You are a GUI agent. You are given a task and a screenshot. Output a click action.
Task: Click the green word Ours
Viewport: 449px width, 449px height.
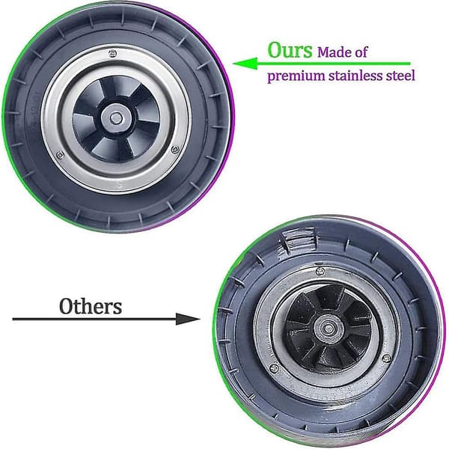pyautogui.click(x=290, y=50)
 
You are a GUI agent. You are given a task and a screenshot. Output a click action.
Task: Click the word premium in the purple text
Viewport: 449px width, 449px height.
pyautogui.click(x=296, y=76)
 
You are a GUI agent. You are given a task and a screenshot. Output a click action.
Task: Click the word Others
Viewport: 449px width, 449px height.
pyautogui.click(x=91, y=306)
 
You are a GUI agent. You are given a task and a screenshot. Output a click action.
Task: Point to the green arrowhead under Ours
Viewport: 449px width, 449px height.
pyautogui.click(x=245, y=64)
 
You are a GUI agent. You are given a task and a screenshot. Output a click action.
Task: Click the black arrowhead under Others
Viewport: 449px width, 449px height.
pyautogui.click(x=188, y=319)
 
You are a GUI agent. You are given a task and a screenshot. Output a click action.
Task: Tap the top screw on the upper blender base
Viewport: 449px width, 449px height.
pyautogui.click(x=112, y=53)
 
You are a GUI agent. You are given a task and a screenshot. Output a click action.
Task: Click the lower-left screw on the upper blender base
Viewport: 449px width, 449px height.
pyautogui.click(x=60, y=156)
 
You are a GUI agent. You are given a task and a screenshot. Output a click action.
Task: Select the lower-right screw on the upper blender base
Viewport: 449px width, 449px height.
pyautogui.click(x=175, y=150)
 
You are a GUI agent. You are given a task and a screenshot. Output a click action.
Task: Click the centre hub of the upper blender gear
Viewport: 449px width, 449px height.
pyautogui.click(x=116, y=118)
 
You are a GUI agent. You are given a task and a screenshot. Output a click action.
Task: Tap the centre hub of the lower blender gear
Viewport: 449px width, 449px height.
pyautogui.click(x=329, y=329)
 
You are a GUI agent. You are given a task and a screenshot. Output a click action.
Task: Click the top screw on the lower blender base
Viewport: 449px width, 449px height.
pyautogui.click(x=320, y=271)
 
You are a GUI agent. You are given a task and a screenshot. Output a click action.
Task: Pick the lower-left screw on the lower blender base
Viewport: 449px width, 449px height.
pyautogui.click(x=274, y=367)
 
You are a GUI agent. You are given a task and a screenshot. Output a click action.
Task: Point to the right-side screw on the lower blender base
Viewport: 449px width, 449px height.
pyautogui.click(x=387, y=358)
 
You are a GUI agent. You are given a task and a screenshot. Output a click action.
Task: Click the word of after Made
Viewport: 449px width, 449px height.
pyautogui.click(x=361, y=52)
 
